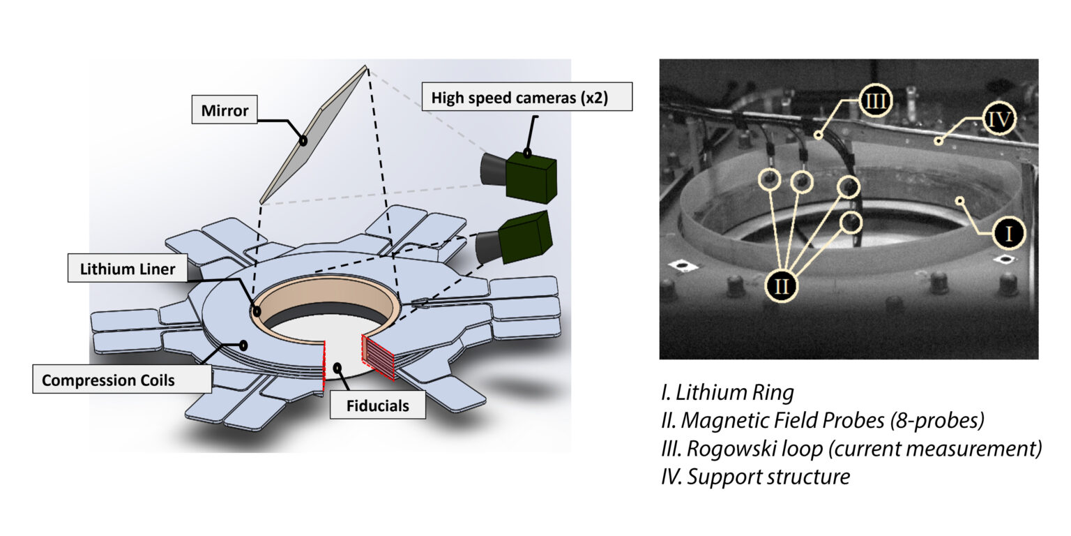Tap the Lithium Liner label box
[128, 269]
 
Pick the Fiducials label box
[377, 405]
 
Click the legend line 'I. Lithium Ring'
[727, 393]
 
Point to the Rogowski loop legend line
[851, 449]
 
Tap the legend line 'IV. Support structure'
[755, 477]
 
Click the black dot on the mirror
[303, 141]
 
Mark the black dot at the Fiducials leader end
[337, 366]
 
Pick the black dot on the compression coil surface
[243, 345]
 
